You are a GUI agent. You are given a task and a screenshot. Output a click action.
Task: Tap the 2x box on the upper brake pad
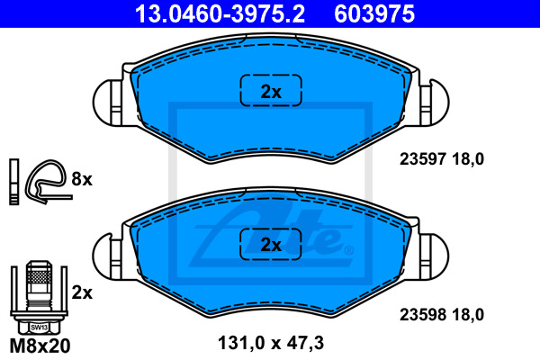click(271, 91)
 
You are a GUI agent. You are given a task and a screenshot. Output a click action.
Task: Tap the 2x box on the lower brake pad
click(271, 244)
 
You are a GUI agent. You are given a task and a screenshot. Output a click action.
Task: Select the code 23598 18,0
click(441, 315)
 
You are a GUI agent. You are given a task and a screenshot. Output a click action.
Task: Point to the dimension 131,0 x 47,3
click(271, 343)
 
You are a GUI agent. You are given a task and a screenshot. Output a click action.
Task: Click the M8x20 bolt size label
click(38, 345)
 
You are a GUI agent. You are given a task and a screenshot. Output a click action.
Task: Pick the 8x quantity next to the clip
click(81, 180)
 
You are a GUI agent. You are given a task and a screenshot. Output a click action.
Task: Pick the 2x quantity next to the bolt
click(81, 292)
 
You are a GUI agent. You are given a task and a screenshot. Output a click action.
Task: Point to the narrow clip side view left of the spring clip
click(13, 181)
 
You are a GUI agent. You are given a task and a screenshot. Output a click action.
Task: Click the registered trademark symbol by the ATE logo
click(348, 250)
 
